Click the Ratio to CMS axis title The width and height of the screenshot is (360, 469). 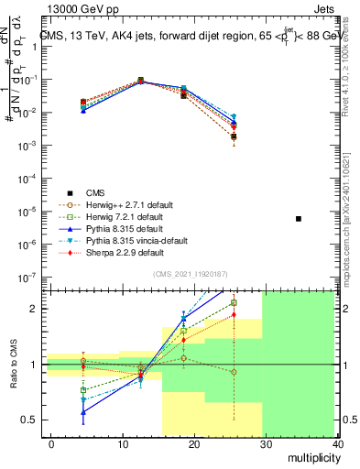pos(12,365)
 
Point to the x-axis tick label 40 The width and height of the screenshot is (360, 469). pos(338,443)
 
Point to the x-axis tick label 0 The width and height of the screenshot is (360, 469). pos(52,443)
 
